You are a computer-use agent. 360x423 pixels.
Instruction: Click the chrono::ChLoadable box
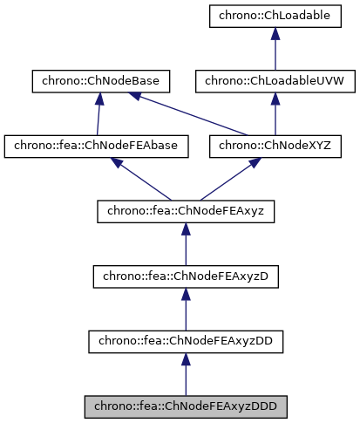tap(275, 16)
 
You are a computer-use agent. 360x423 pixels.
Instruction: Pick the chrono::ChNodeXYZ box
tap(275, 147)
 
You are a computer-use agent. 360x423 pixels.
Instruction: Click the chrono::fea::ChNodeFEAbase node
tap(96, 147)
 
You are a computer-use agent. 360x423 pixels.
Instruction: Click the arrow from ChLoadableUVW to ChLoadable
tap(275, 52)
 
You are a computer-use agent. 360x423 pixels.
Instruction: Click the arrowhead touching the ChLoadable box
tap(275, 33)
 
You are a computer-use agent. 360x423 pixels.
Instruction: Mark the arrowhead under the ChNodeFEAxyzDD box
tap(185, 359)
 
